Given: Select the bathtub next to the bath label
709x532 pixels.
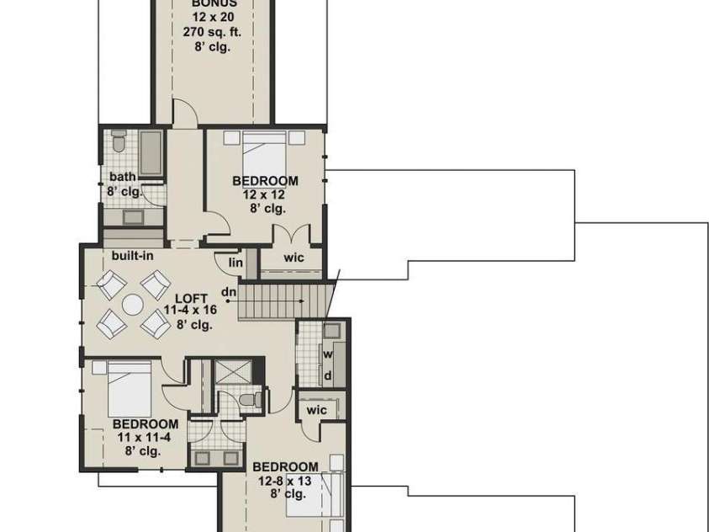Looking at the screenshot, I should (150, 154).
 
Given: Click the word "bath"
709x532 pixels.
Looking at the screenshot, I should (122, 177).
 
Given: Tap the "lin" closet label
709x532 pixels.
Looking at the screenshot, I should (236, 263).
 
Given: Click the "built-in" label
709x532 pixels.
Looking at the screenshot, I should (132, 255).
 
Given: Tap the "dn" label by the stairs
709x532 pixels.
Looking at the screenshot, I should (228, 292).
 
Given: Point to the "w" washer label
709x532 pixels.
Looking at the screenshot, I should (328, 354).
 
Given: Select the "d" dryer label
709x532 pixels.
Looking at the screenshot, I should (328, 375).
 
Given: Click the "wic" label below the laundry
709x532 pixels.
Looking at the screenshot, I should (316, 410).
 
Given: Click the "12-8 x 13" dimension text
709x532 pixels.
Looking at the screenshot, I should (286, 481).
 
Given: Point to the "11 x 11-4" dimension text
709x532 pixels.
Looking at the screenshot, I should (145, 438).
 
